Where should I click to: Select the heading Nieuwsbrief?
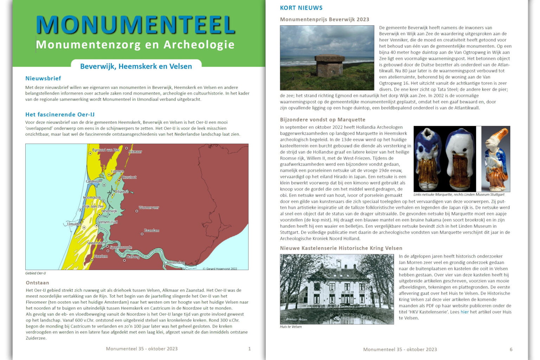click(x=43, y=78)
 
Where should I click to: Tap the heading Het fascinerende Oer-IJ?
click(x=60, y=115)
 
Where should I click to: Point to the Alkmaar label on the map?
click(x=135, y=152)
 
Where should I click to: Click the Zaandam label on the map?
click(x=152, y=231)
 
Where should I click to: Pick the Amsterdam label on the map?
click(x=176, y=263)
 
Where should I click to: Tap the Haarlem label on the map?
click(x=101, y=256)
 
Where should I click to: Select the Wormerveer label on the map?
click(x=149, y=207)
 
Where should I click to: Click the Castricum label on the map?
click(x=94, y=181)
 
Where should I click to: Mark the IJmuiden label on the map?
click(x=74, y=224)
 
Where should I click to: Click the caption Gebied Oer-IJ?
click(x=36, y=273)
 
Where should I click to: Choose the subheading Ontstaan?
click(x=37, y=283)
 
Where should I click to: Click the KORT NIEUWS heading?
click(x=301, y=8)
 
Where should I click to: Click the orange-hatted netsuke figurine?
click(x=496, y=158)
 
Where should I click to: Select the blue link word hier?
click(x=464, y=312)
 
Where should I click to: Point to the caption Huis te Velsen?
click(x=291, y=327)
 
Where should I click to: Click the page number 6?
click(x=511, y=349)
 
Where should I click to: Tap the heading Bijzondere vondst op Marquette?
click(x=322, y=120)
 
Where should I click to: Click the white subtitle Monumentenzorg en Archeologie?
click(x=135, y=45)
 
